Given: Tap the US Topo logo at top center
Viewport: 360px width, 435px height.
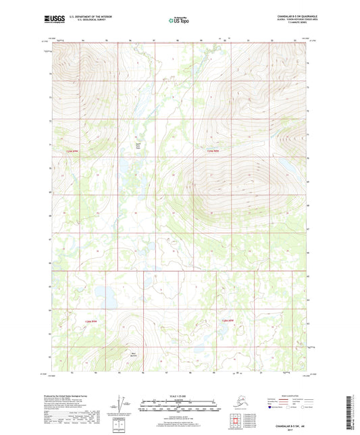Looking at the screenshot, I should point(179,22).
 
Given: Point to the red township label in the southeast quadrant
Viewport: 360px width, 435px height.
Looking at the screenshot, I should point(226,320).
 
